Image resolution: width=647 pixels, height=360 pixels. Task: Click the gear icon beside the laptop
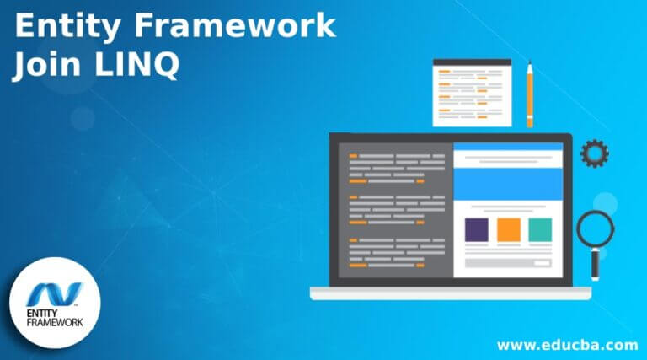point(595,153)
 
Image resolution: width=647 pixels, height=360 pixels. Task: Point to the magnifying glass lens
point(595,228)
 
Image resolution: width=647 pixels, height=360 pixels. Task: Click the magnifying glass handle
point(595,264)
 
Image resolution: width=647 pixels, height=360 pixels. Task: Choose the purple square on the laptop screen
point(476,229)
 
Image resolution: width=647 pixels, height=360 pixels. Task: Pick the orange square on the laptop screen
point(508,229)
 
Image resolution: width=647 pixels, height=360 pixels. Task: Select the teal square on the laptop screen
point(540,229)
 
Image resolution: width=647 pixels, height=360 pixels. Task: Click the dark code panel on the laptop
point(393,211)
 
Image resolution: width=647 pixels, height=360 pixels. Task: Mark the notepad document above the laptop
point(472,94)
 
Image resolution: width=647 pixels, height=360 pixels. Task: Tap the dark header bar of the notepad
point(472,62)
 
